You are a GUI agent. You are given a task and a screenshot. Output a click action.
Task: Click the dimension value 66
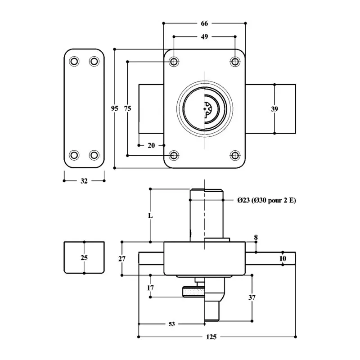pyautogui.click(x=204, y=23)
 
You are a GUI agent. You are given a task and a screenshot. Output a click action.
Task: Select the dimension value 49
pyautogui.click(x=204, y=37)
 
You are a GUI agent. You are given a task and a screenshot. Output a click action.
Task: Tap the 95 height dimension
pyautogui.click(x=114, y=108)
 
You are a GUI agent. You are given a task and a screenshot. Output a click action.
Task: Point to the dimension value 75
pyautogui.click(x=128, y=108)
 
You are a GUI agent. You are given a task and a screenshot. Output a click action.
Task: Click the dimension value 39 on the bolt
pyautogui.click(x=275, y=108)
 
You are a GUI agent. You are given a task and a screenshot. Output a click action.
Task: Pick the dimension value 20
pyautogui.click(x=151, y=145)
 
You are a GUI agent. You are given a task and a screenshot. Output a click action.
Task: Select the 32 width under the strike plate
pyautogui.click(x=84, y=181)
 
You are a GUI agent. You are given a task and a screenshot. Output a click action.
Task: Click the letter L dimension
pyautogui.click(x=151, y=216)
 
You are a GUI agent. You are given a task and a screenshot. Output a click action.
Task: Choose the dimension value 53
pyautogui.click(x=172, y=324)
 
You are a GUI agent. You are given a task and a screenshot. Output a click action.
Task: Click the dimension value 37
pyautogui.click(x=252, y=297)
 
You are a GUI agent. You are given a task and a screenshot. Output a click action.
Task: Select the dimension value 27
pyautogui.click(x=122, y=258)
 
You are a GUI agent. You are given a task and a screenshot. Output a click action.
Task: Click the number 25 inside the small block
pyautogui.click(x=84, y=258)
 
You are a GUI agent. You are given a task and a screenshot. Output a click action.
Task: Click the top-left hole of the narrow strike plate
pyautogui.click(x=73, y=61)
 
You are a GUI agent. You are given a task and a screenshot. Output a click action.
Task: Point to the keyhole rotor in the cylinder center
pyautogui.click(x=208, y=109)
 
